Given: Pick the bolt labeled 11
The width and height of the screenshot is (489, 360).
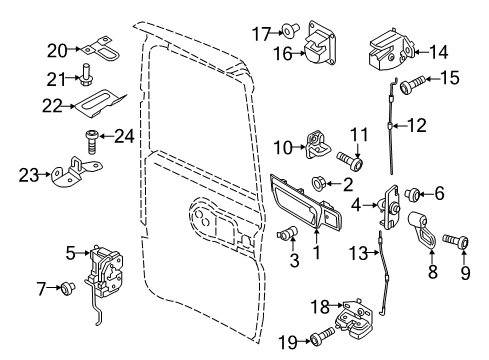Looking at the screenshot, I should click(x=351, y=158).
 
